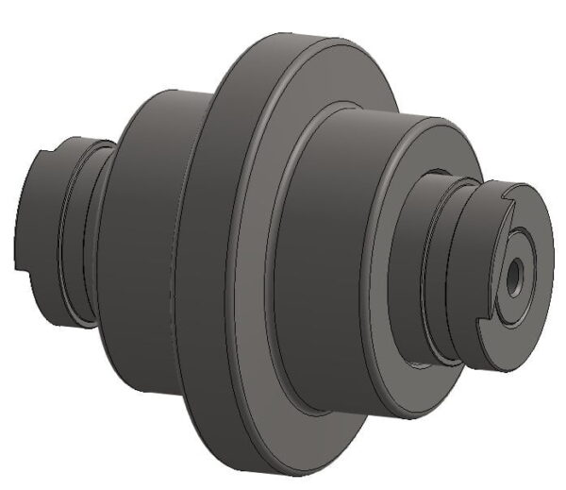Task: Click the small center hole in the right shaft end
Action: [515, 275]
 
